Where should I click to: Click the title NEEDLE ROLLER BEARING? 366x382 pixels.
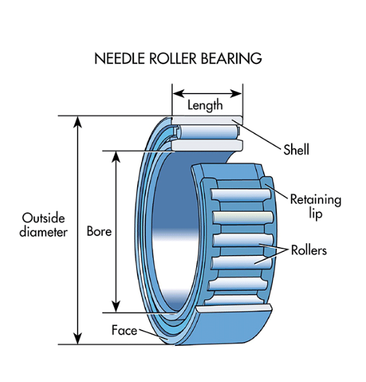point(177,58)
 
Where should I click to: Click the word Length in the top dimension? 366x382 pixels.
point(205,105)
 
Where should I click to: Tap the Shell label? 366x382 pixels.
point(296,150)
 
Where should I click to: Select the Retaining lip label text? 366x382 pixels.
point(315,206)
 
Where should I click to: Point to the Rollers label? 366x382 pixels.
point(308,250)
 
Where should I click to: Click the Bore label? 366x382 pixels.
point(99,232)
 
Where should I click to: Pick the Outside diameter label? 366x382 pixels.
point(43,225)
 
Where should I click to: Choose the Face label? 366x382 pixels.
point(124,330)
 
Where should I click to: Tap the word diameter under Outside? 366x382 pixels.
point(43,232)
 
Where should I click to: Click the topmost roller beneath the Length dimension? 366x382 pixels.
point(204,121)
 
